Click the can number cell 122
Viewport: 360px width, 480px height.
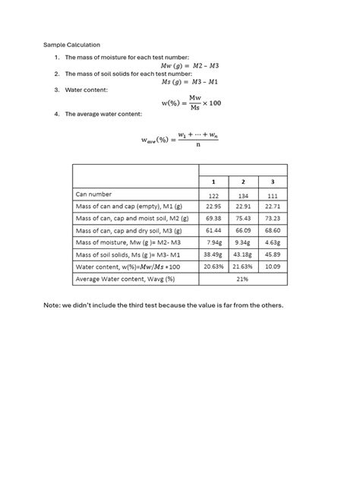pyautogui.click(x=213, y=195)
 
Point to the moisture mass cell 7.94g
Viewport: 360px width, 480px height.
pyautogui.click(x=213, y=243)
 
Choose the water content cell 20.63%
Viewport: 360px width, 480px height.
pyautogui.click(x=213, y=267)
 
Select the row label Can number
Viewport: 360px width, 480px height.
pyautogui.click(x=93, y=195)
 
